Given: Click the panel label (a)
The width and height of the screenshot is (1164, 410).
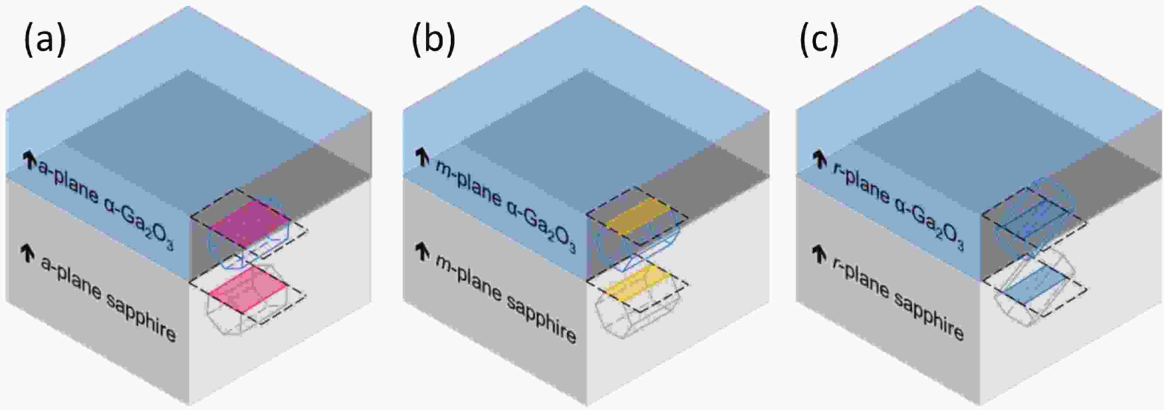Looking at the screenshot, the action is click(x=45, y=41).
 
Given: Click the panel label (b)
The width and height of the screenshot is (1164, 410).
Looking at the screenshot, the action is click(x=433, y=41).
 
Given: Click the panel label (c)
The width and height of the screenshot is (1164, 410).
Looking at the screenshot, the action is click(x=819, y=41).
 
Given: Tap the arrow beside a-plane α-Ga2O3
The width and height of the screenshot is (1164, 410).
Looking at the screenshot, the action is click(x=29, y=160).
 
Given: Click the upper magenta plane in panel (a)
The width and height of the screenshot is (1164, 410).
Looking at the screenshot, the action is click(x=250, y=224).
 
